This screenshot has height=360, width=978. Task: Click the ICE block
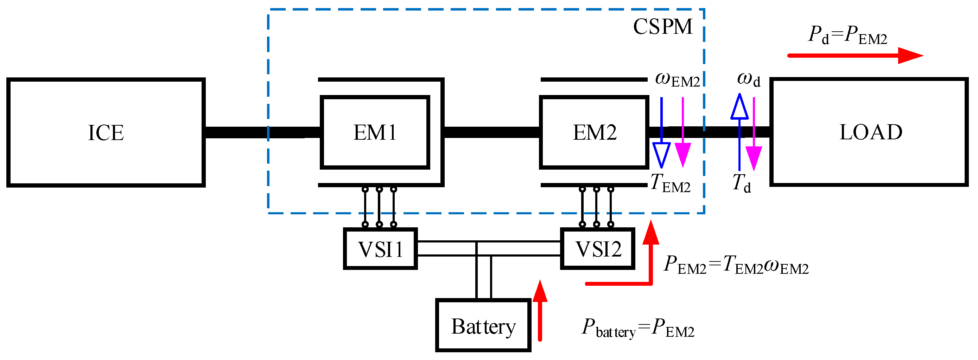[106, 133]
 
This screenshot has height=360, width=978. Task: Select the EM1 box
[375, 133]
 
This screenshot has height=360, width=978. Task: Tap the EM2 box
[594, 133]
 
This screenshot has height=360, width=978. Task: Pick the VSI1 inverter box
[380, 249]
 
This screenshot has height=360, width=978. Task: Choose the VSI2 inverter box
[598, 249]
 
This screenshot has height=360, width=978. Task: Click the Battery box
[483, 326]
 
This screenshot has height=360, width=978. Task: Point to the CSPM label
[662, 27]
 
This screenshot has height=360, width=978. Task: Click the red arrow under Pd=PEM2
[854, 56]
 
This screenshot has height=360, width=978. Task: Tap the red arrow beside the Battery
[540, 311]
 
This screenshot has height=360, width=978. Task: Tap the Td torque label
[741, 183]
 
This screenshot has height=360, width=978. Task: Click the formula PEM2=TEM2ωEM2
[736, 264]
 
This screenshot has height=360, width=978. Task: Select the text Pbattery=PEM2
[638, 328]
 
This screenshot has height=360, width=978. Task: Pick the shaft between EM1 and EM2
[492, 132]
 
